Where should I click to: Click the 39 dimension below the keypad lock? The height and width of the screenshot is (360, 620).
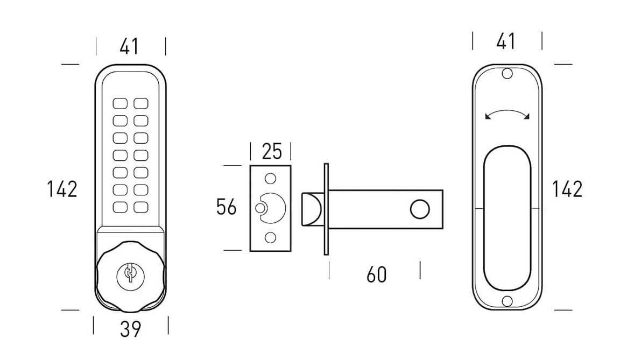[130, 328]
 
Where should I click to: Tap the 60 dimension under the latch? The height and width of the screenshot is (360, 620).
[376, 274]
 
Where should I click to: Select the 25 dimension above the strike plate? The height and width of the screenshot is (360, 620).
[271, 152]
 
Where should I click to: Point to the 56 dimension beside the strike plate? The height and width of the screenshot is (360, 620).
[226, 207]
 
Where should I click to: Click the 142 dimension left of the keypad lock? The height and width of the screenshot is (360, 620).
[62, 189]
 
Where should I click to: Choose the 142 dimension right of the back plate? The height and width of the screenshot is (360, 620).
[567, 189]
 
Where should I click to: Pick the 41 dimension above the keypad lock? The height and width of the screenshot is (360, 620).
[129, 47]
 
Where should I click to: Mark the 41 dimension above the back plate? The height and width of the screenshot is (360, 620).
[505, 41]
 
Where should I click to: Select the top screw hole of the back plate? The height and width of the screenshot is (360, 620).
[507, 74]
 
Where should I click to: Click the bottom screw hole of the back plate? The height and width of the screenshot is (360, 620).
[507, 301]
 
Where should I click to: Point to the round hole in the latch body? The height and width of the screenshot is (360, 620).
[419, 209]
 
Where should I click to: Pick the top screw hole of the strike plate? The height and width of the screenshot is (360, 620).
[271, 178]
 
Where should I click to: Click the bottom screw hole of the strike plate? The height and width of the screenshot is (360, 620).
[271, 237]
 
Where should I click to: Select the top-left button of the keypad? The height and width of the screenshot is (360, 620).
[119, 103]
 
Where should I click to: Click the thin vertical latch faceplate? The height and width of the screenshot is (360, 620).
[326, 209]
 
